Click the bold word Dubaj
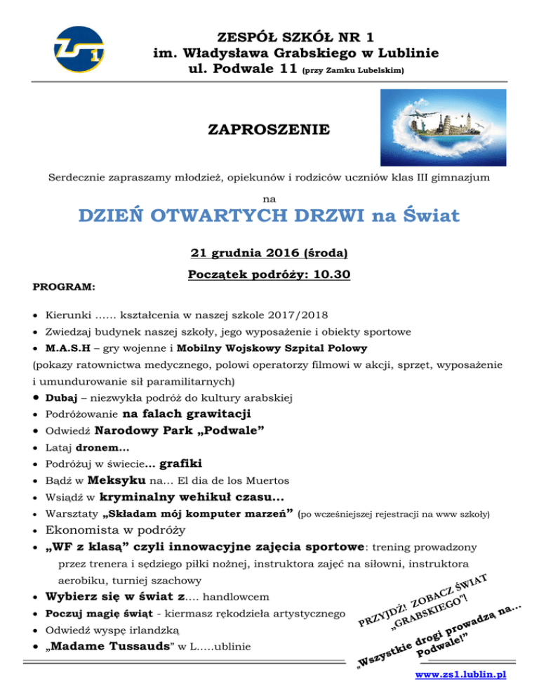pos(61,398)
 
